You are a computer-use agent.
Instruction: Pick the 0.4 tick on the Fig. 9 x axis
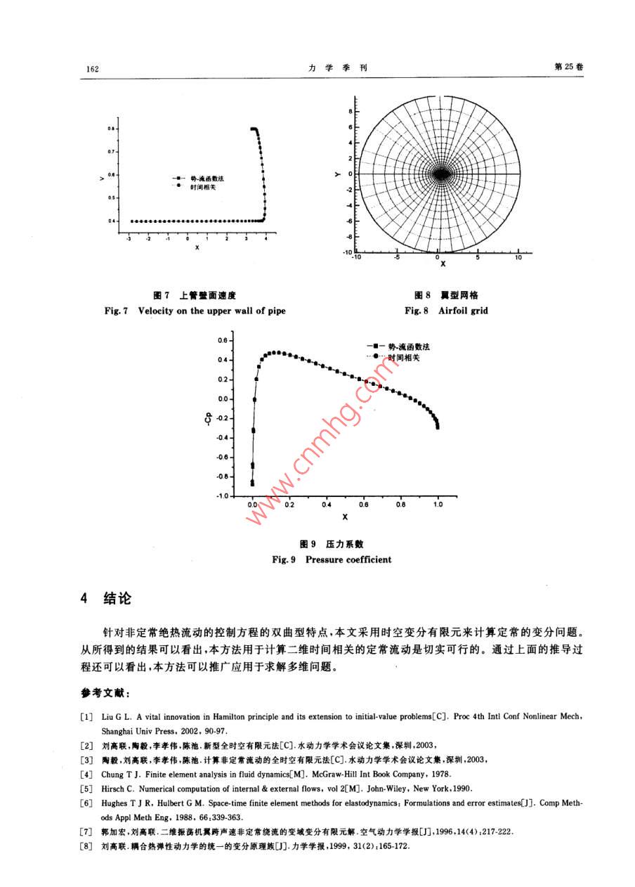pos(327,505)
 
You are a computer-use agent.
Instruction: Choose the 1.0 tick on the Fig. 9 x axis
pos(438,505)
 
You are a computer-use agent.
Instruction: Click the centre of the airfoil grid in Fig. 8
pos(440,174)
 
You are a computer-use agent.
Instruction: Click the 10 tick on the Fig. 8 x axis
pos(518,258)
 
